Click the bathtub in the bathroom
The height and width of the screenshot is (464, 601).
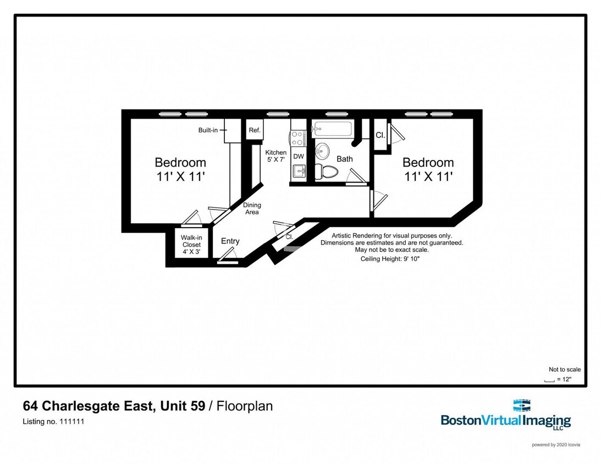point(332,130)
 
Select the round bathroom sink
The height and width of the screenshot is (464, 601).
point(322,150)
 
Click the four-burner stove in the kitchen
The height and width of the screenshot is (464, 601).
point(298,138)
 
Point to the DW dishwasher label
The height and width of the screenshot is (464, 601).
point(299,157)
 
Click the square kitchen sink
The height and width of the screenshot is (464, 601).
point(299,172)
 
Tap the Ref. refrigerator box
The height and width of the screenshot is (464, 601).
point(255,130)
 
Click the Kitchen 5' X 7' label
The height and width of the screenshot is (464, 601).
point(276,156)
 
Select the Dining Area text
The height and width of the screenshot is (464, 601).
point(252,208)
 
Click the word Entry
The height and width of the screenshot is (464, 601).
point(230,241)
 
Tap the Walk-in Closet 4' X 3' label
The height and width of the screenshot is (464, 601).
point(191,245)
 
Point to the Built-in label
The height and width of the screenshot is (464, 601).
point(208,130)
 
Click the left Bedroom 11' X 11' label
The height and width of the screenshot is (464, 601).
point(180,169)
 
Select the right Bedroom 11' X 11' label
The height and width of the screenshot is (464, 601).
point(428,169)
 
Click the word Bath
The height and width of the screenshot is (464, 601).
point(345,159)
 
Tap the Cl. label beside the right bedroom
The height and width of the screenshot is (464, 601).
point(380,135)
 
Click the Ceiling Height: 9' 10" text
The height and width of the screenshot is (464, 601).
point(392,258)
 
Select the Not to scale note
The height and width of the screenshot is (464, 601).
point(564,369)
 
